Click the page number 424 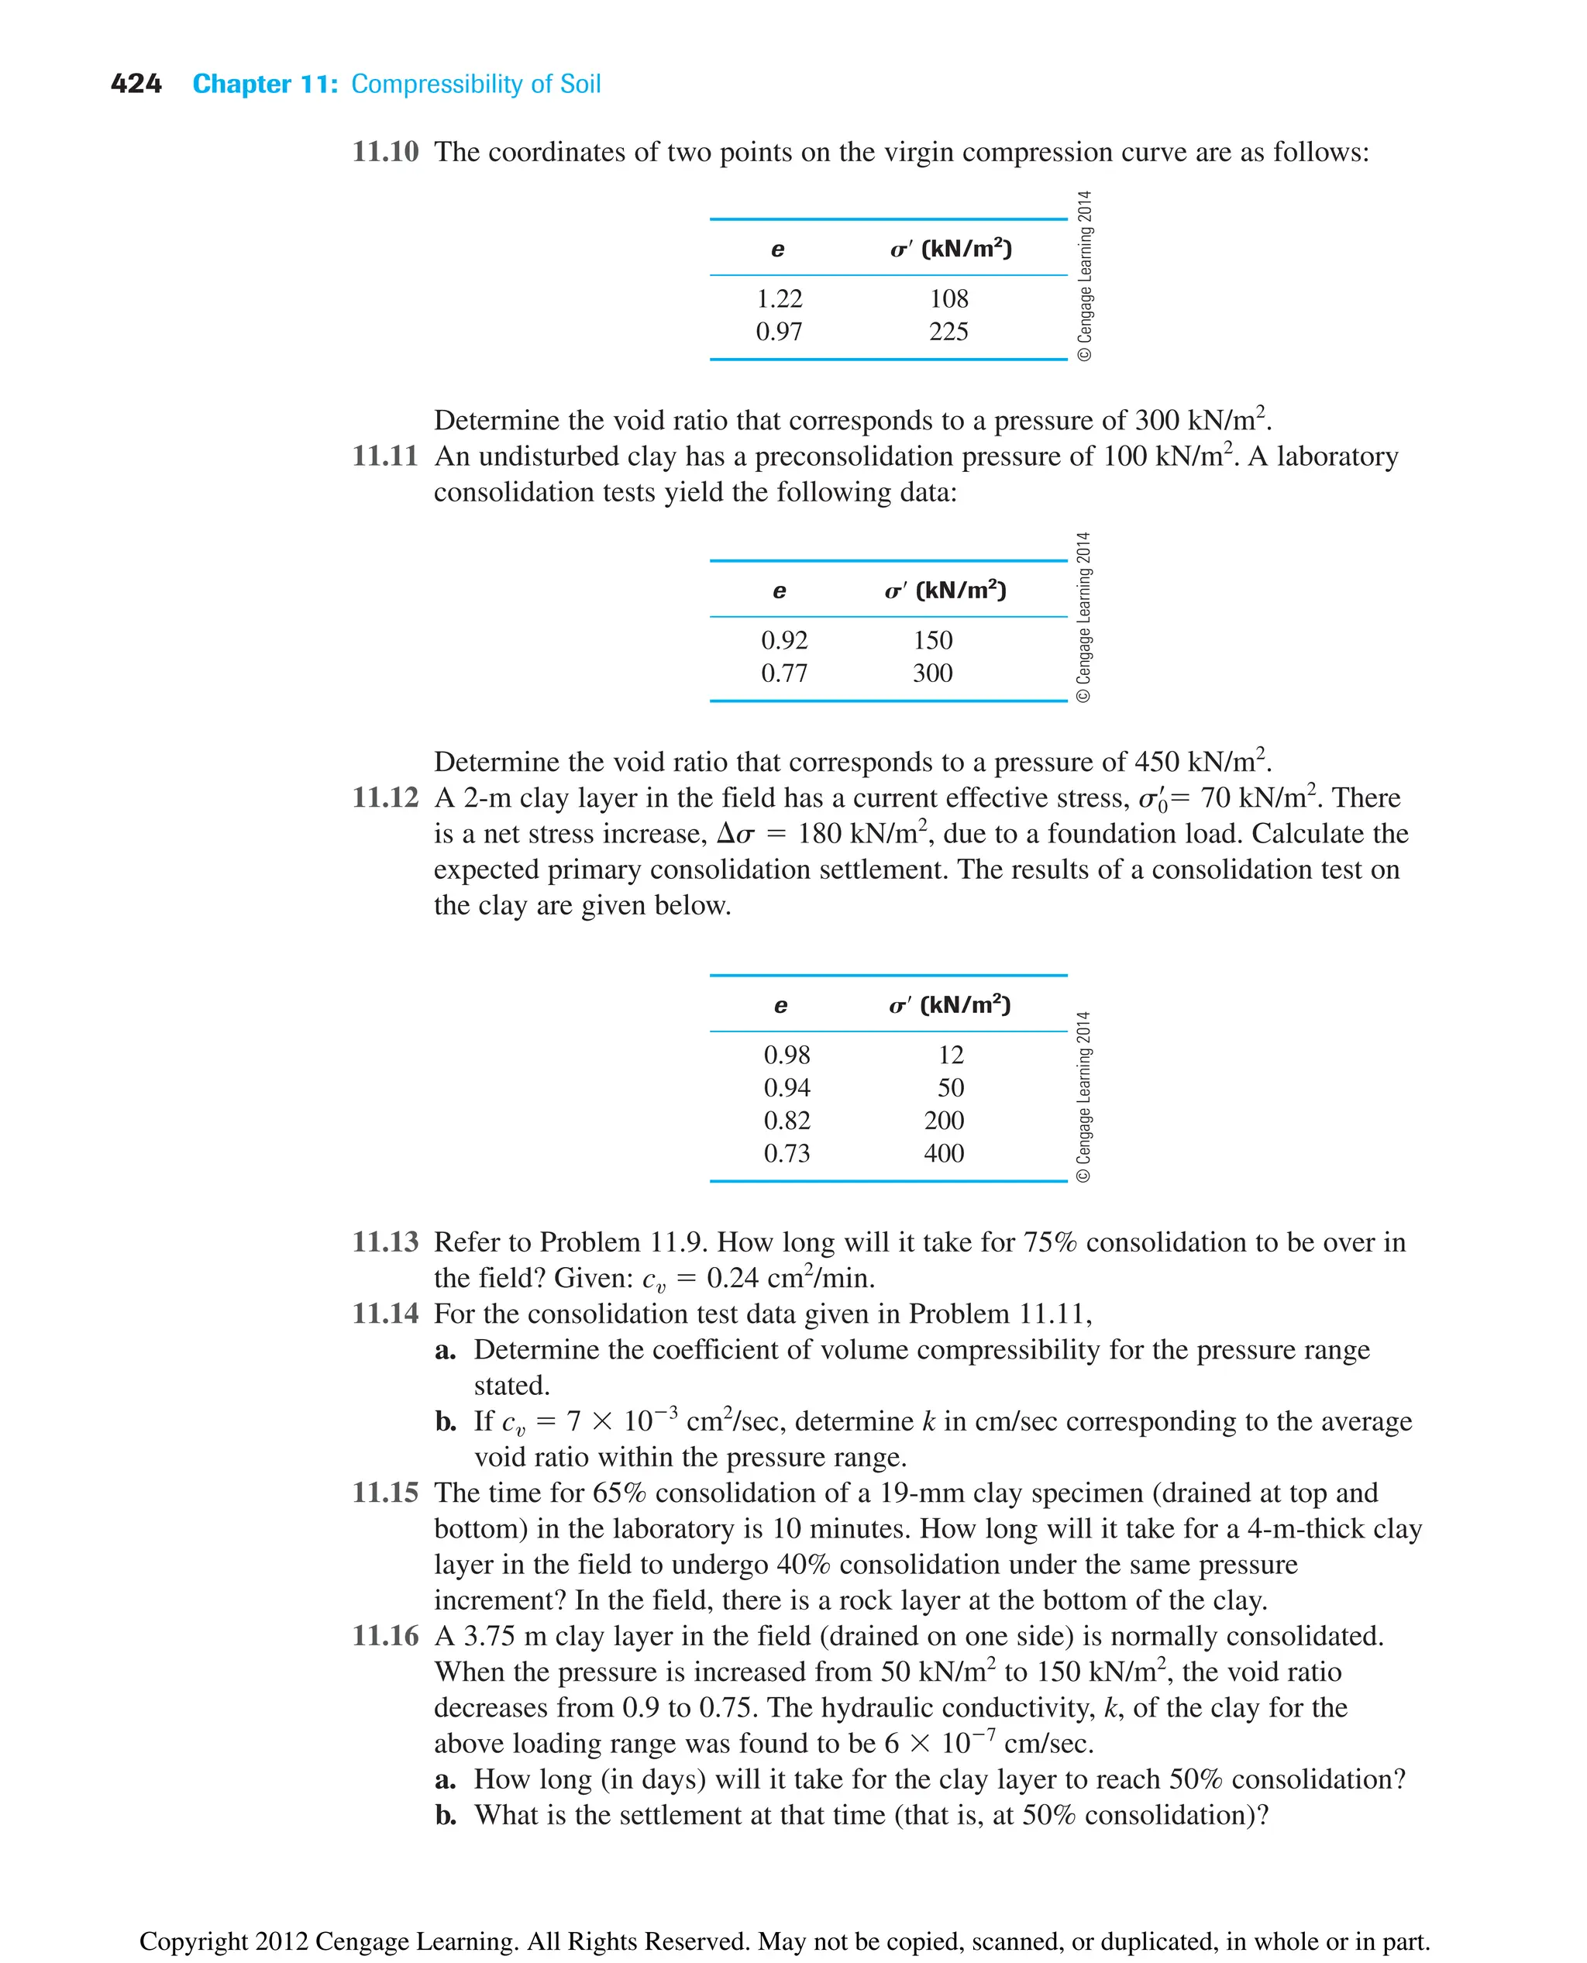coord(136,84)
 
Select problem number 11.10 coord(385,152)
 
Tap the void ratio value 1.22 coord(779,299)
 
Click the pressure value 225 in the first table coord(948,332)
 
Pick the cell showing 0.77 coord(784,674)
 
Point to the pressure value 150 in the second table coord(932,641)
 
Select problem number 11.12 coord(385,798)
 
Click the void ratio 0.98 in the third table coord(787,1055)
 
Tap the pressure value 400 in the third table coord(943,1154)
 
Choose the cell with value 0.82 coord(787,1121)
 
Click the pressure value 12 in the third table coord(951,1055)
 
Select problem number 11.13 coord(385,1242)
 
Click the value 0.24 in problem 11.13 coord(737,1278)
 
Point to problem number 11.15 coord(385,1493)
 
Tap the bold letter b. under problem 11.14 coord(446,1422)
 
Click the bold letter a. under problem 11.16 coord(446,1780)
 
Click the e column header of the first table coord(777,250)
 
